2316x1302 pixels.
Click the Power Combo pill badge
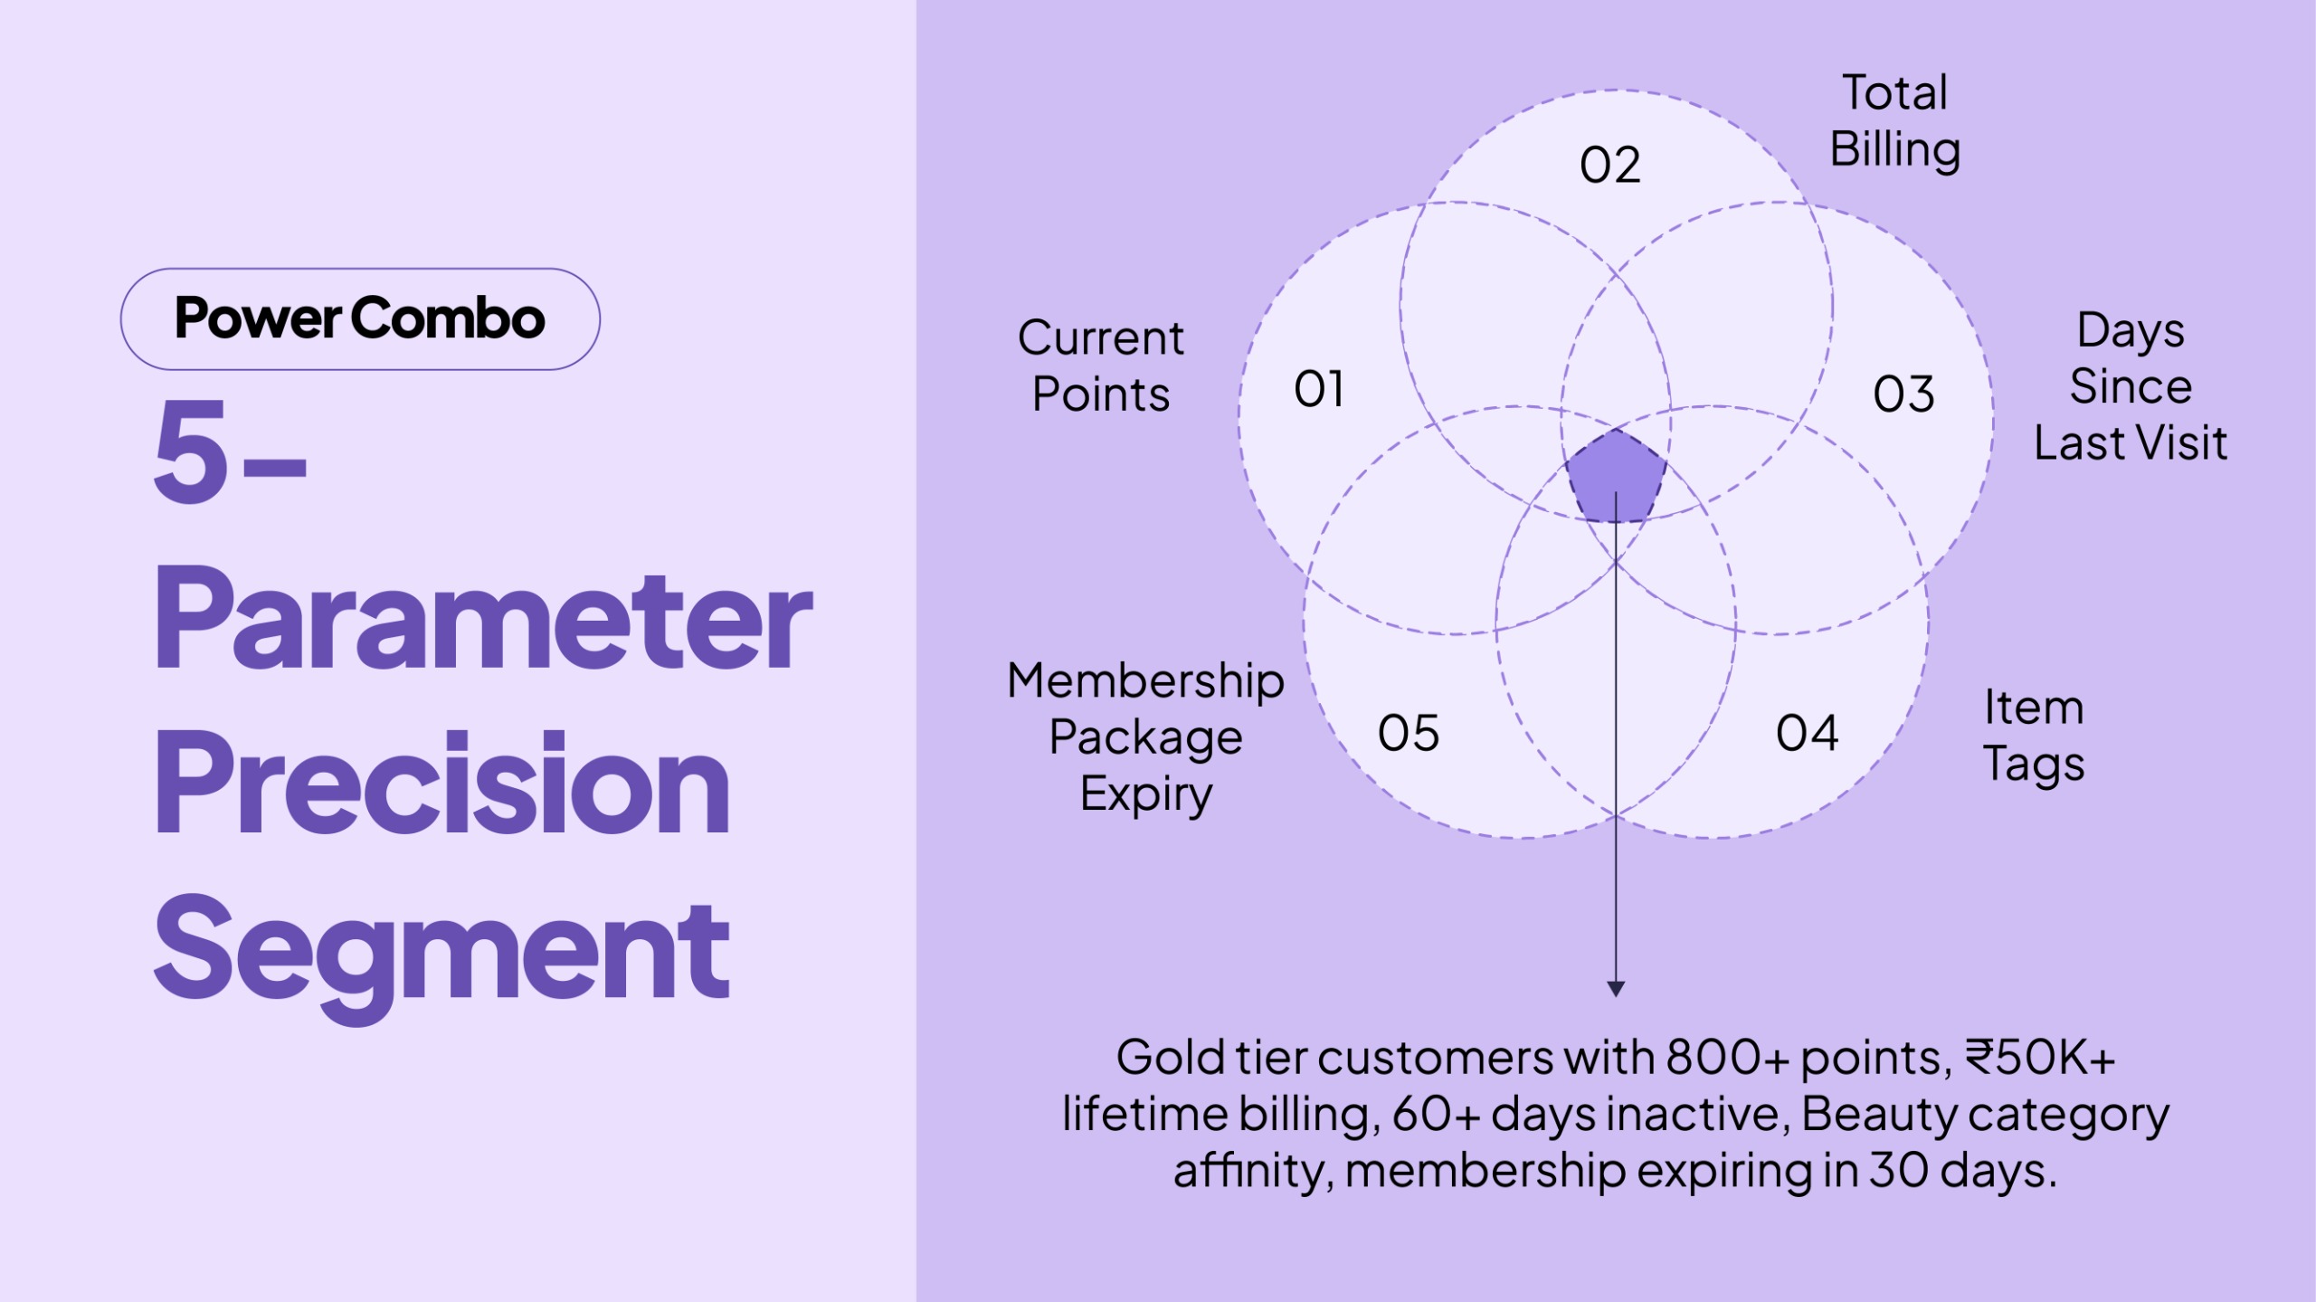[x=360, y=318]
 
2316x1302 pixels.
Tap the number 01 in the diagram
[x=1318, y=389]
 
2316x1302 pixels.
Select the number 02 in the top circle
[x=1609, y=166]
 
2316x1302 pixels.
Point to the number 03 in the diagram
[x=1903, y=394]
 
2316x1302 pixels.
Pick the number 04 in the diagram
[x=1807, y=733]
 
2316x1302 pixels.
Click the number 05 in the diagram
[x=1408, y=733]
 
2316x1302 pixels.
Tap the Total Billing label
[x=1894, y=121]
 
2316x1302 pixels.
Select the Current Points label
[x=1101, y=366]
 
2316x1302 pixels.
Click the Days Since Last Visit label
[x=2131, y=386]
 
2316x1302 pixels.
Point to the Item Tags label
[x=2034, y=736]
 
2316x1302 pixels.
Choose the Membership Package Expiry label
[x=1145, y=737]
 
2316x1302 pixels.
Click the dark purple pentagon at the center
[x=1616, y=478]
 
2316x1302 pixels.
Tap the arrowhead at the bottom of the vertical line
[x=1616, y=988]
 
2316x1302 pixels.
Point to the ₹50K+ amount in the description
[x=2040, y=1057]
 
